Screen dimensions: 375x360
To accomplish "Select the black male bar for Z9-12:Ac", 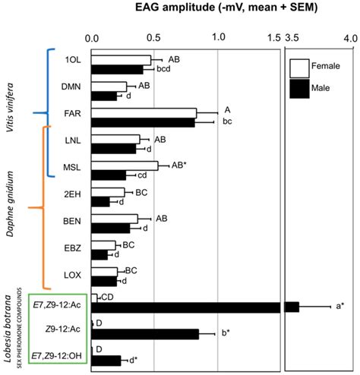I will [145, 333].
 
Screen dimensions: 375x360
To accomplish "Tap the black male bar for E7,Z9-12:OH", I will [106, 360].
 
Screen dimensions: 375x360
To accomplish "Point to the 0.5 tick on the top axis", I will [154, 36].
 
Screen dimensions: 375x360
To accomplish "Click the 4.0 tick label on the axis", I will [349, 36].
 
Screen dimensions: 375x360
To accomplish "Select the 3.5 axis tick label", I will [291, 36].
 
